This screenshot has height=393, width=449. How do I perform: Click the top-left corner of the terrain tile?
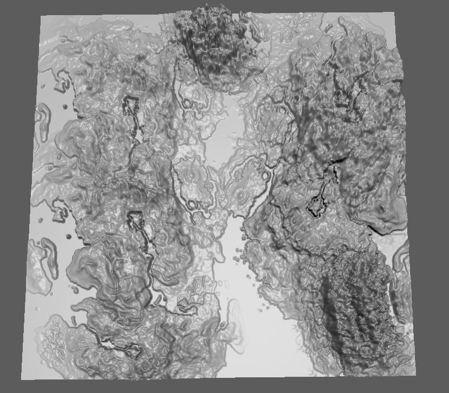point(42,16)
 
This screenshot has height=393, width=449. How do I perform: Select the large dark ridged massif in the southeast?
point(355,308)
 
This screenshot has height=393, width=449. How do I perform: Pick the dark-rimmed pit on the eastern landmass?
point(315,205)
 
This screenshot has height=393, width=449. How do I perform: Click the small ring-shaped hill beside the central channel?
point(266,175)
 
